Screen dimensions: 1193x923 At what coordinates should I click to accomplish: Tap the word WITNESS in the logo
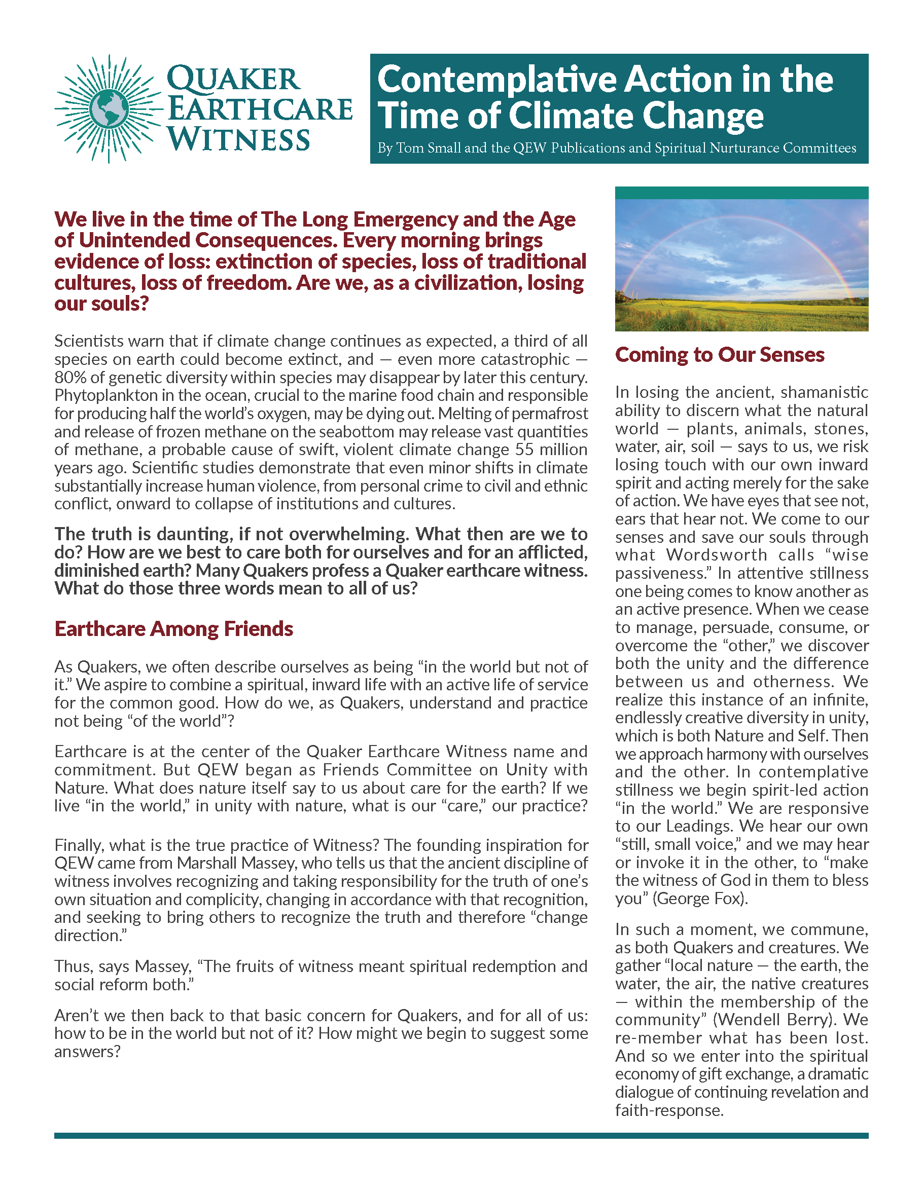click(239, 140)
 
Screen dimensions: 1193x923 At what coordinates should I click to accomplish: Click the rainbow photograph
click(741, 265)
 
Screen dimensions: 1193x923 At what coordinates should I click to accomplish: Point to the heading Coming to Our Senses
click(719, 355)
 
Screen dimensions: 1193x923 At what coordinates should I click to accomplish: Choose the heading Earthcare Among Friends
click(173, 629)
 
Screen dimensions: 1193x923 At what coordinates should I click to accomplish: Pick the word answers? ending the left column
click(87, 1052)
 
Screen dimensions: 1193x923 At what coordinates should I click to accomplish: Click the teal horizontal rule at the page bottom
click(460, 1136)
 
